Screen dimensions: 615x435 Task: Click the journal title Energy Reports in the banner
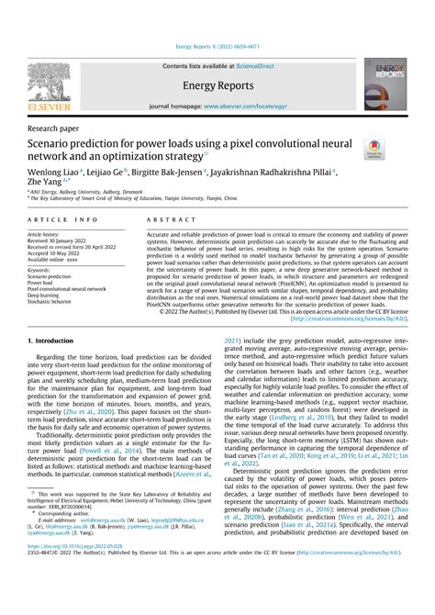[217, 85]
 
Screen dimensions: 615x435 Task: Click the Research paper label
[53, 129]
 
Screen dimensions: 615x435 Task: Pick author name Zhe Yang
[48, 184]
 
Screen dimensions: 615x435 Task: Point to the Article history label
[50, 235]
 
